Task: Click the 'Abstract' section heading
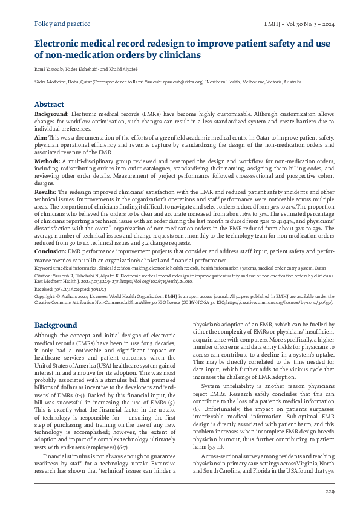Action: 49,104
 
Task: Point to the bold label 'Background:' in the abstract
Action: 51,114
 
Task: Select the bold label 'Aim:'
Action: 41,138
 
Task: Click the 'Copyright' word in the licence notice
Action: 46,297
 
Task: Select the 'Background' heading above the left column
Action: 55,325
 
